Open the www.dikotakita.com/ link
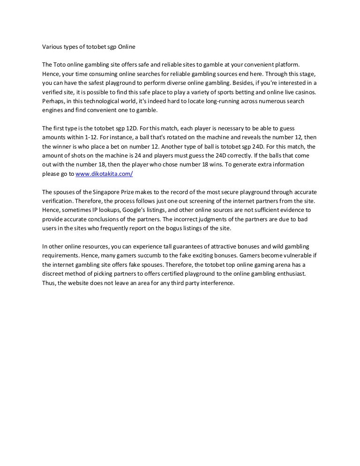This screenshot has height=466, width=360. tap(104, 173)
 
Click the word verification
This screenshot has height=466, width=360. tap(58, 201)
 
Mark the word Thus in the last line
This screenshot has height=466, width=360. tap(48, 283)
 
